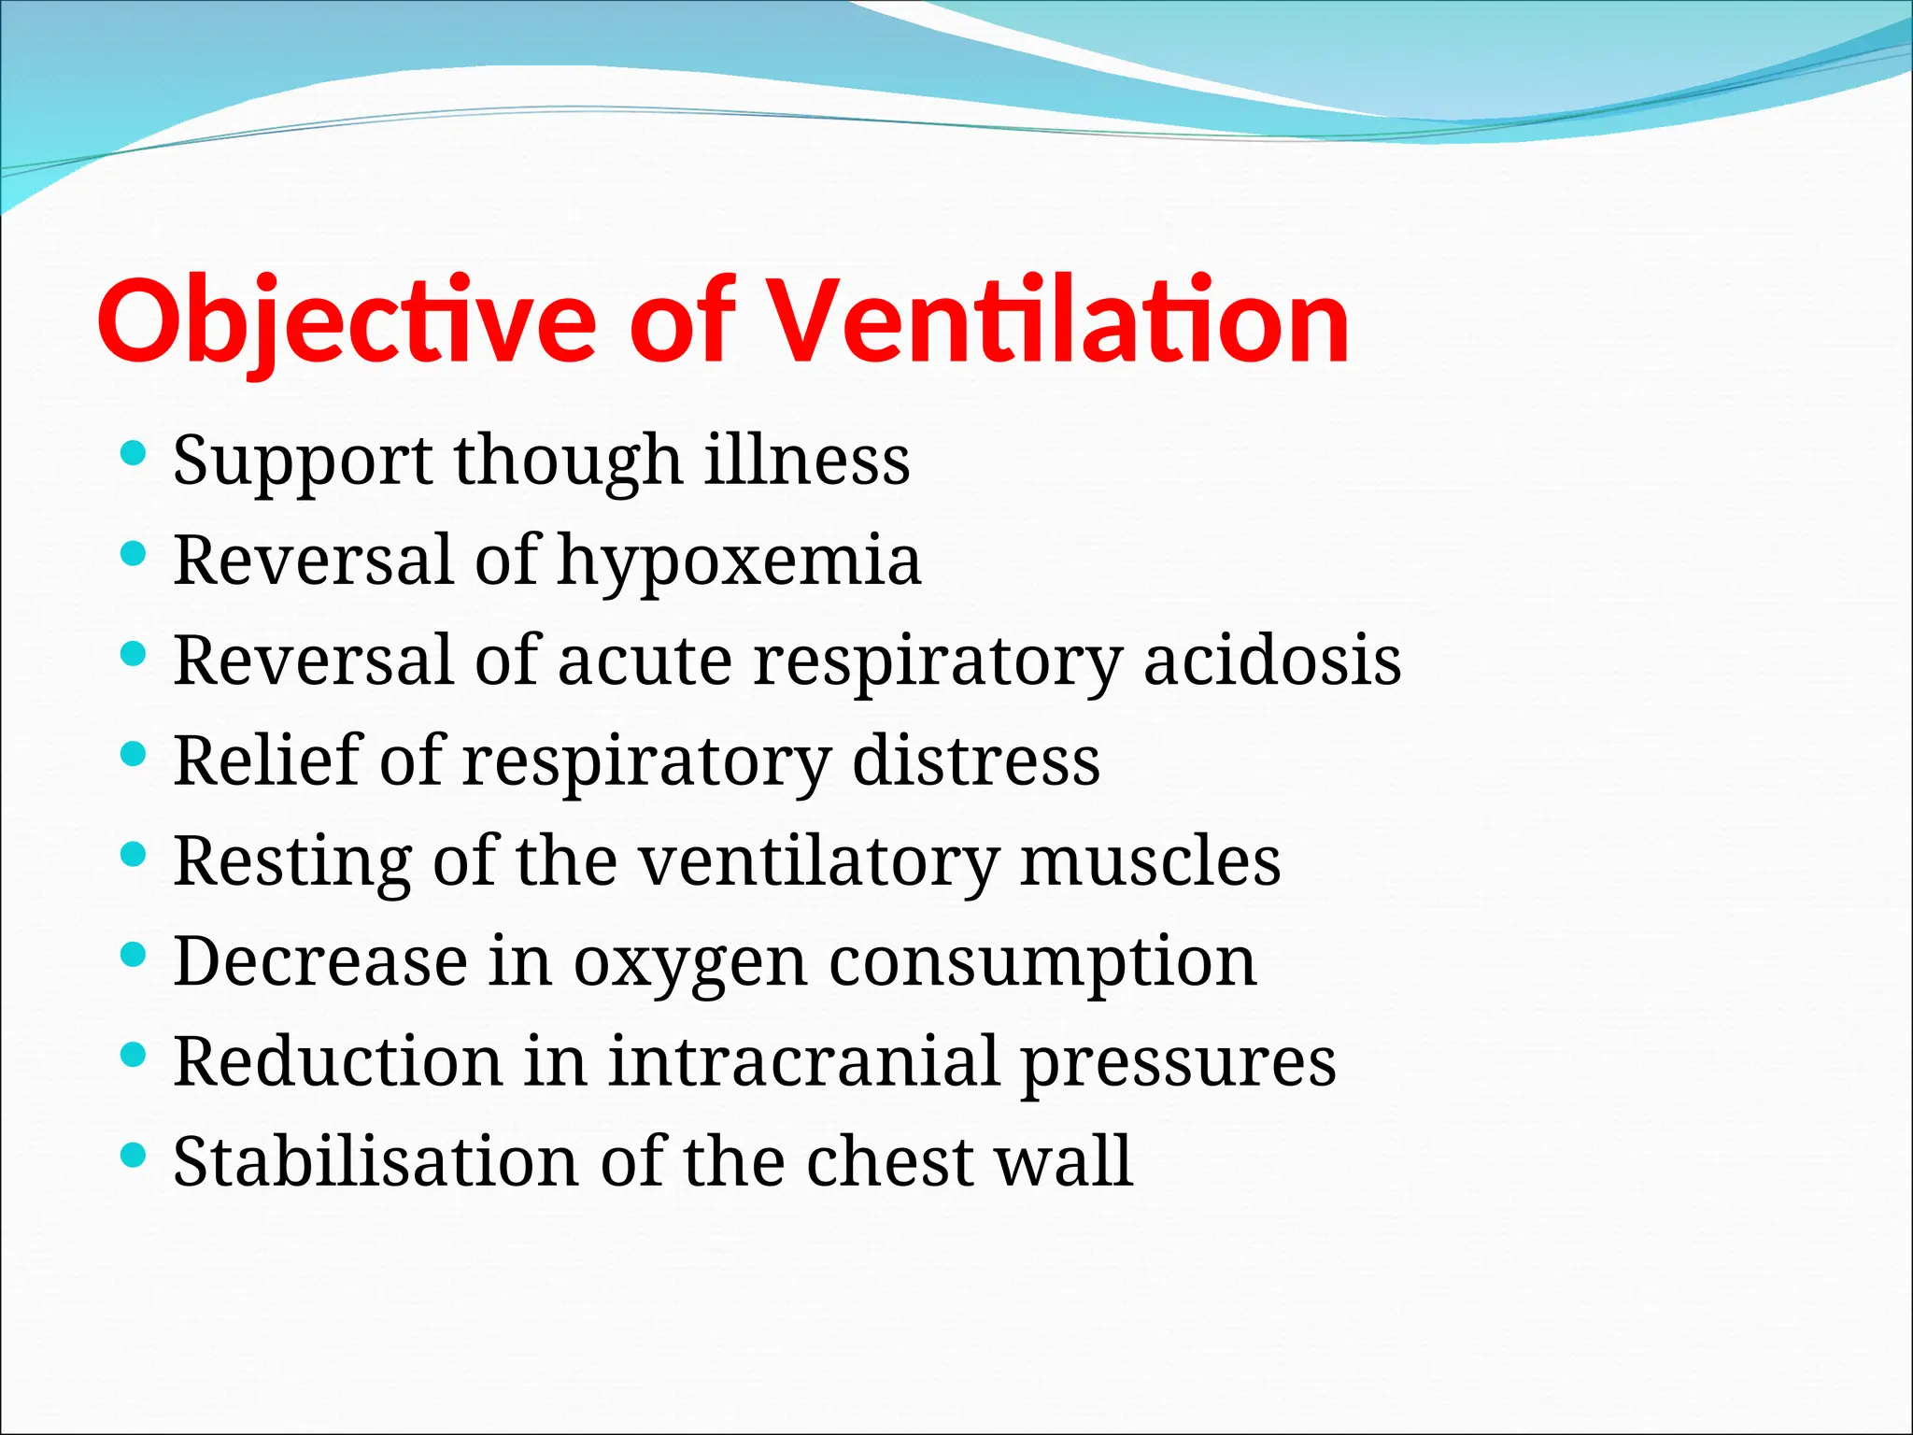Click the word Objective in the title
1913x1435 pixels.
pyautogui.click(x=346, y=322)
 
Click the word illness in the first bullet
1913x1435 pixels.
pyautogui.click(x=807, y=460)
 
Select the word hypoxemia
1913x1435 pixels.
pyautogui.click(x=739, y=561)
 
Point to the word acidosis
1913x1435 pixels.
pyautogui.click(x=1272, y=661)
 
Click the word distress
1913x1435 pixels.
pyautogui.click(x=976, y=760)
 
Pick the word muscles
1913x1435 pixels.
pyautogui.click(x=1150, y=860)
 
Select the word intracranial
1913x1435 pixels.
pyautogui.click(x=803, y=1061)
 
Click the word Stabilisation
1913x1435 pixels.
pyautogui.click(x=376, y=1161)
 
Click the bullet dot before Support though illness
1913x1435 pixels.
pyautogui.click(x=135, y=454)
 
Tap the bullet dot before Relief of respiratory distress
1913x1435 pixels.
pyautogui.click(x=135, y=754)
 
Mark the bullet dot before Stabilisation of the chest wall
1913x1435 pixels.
pyautogui.click(x=135, y=1156)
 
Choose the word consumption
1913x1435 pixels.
pyautogui.click(x=1042, y=962)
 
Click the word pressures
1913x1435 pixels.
pyautogui.click(x=1178, y=1063)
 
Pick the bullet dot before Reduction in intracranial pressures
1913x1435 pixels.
pyautogui.click(x=135, y=1056)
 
